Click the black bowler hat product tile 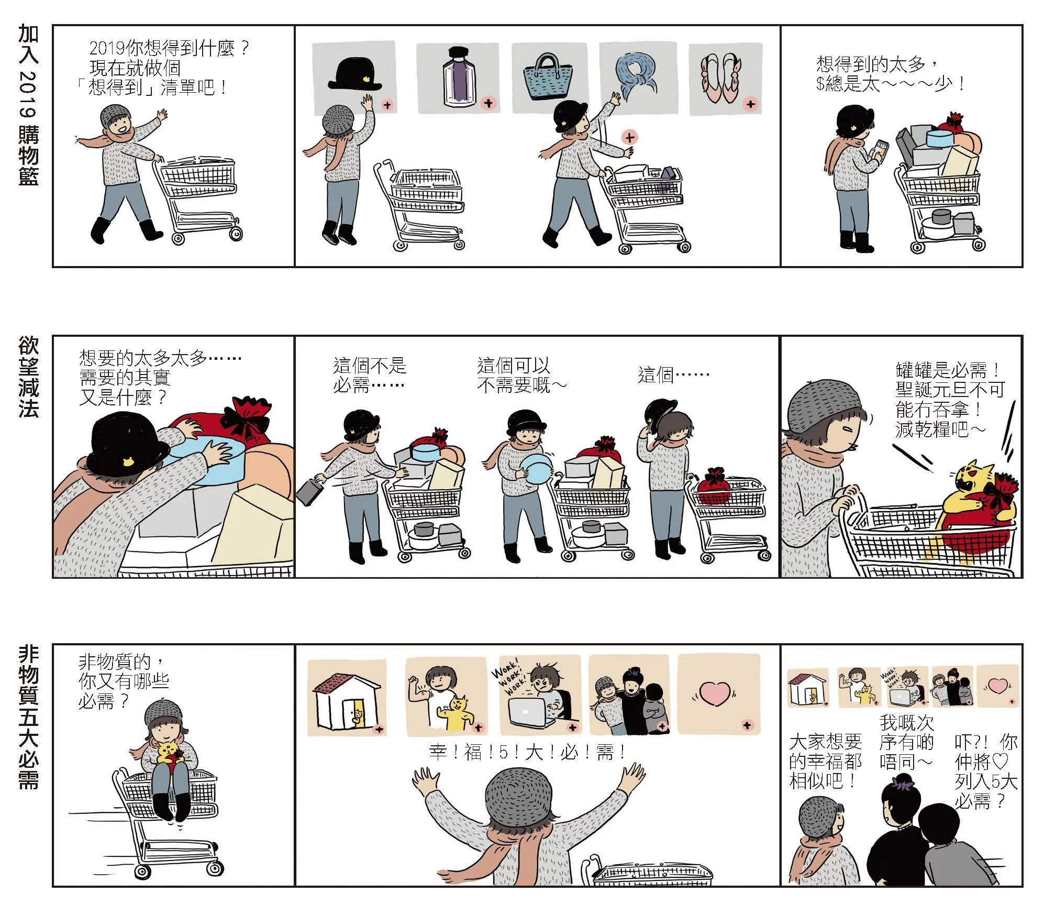tap(354, 79)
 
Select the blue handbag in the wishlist tap(548, 76)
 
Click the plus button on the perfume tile tap(488, 103)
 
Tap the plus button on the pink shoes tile tap(751, 104)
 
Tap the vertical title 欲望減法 tap(29, 377)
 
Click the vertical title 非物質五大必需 tap(29, 717)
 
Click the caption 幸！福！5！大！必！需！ tap(528, 753)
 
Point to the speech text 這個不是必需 tap(369, 376)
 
